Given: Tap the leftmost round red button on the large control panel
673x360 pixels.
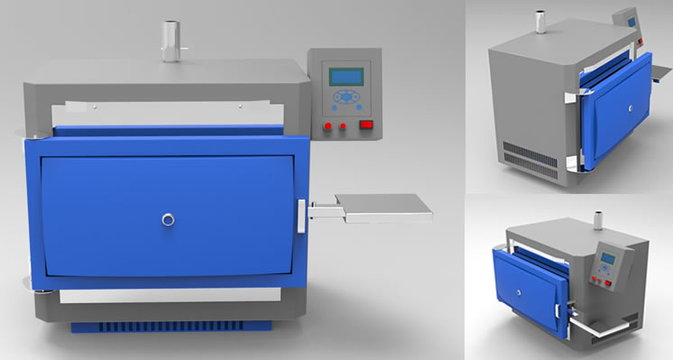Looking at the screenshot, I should click(328, 125).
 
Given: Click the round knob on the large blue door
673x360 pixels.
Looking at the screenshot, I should click(168, 218).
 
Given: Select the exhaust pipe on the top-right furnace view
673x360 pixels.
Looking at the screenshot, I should click(542, 21).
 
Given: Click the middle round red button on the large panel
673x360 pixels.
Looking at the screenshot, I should click(344, 126).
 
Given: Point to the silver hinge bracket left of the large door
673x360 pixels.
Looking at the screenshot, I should click(32, 134).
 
